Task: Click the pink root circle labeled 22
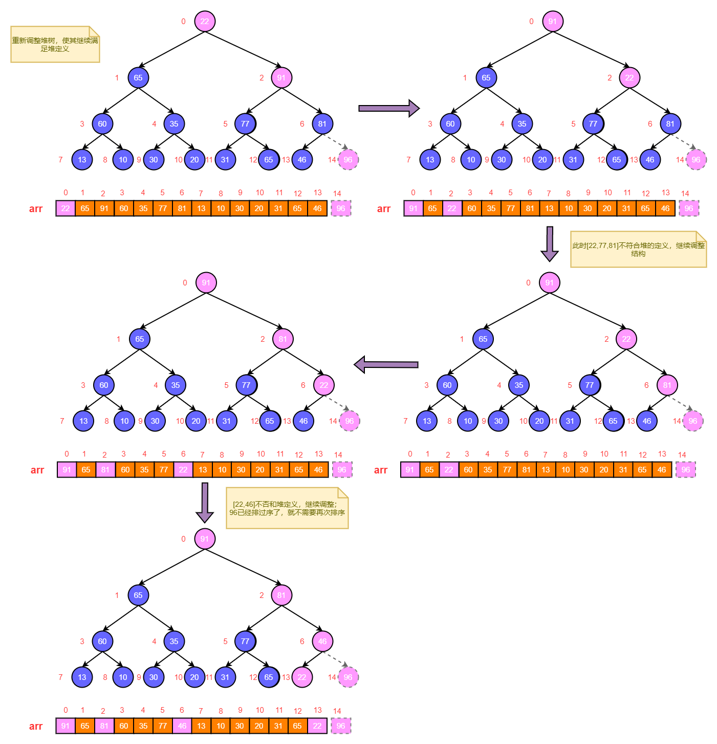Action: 205,22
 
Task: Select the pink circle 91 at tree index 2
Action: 281,78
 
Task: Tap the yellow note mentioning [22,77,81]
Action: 638,250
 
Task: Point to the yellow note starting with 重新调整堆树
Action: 55,45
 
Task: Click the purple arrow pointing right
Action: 388,108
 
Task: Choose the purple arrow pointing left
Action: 386,365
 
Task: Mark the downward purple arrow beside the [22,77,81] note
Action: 550,243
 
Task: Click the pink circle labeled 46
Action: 322,642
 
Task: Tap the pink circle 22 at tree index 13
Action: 302,677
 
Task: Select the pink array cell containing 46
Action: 182,726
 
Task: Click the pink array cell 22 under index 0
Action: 66,209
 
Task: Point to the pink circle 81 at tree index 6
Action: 667,385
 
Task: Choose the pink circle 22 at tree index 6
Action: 324,385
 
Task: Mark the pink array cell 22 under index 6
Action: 183,470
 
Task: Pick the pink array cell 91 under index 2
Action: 104,209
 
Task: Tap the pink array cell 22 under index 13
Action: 317,726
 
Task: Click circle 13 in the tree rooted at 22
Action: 82,160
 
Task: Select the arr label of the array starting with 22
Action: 36,209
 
